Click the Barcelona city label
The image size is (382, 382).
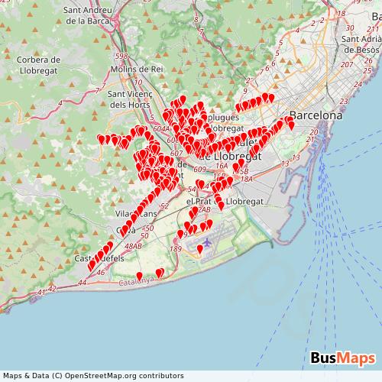click(316, 115)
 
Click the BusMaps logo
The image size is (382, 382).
click(342, 358)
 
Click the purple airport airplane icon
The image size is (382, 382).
click(207, 243)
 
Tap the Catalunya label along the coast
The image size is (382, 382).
click(137, 282)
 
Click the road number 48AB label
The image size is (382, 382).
click(133, 246)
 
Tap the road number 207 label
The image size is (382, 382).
click(346, 64)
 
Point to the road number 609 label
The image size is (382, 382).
click(200, 169)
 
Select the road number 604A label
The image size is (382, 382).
click(161, 129)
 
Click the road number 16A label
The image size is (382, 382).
click(221, 164)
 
